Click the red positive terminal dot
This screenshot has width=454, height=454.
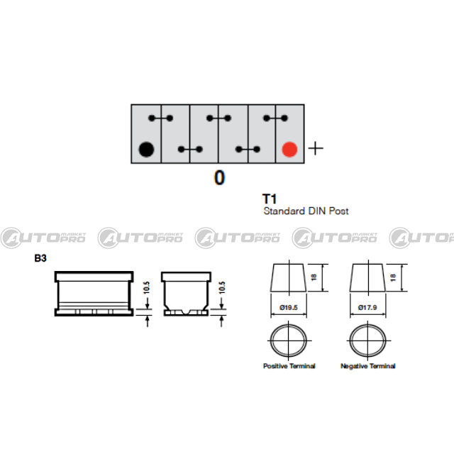(289, 150)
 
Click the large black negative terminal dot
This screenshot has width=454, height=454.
(146, 150)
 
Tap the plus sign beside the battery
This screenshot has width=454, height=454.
(316, 148)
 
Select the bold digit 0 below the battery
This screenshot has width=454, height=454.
(219, 177)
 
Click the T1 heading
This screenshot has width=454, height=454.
(270, 199)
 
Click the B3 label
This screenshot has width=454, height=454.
(40, 258)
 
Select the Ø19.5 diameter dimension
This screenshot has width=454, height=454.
(289, 307)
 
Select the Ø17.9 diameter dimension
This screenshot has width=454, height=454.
(367, 307)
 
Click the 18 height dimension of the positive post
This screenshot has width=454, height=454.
(314, 277)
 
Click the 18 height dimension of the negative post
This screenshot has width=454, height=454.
(393, 277)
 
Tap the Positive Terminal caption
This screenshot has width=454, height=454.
(289, 366)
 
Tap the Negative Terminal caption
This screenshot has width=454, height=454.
(367, 366)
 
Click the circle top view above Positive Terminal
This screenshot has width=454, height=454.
(271, 340)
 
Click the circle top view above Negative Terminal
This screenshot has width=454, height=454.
(350, 340)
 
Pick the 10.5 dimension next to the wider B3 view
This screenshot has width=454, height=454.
(147, 287)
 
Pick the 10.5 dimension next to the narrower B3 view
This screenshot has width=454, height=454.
(222, 287)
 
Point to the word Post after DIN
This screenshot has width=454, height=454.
(338, 211)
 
